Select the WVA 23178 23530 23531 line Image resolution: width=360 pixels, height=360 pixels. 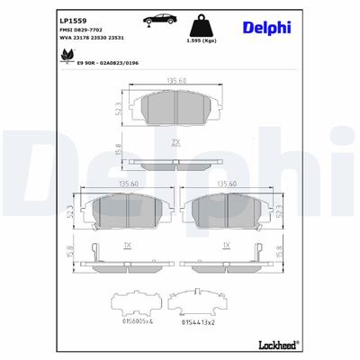(x=92, y=39)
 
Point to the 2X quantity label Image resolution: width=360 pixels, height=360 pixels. (x=177, y=142)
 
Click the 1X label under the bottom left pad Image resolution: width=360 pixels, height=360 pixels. (x=127, y=244)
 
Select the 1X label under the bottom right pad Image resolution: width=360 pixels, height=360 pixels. (x=227, y=244)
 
